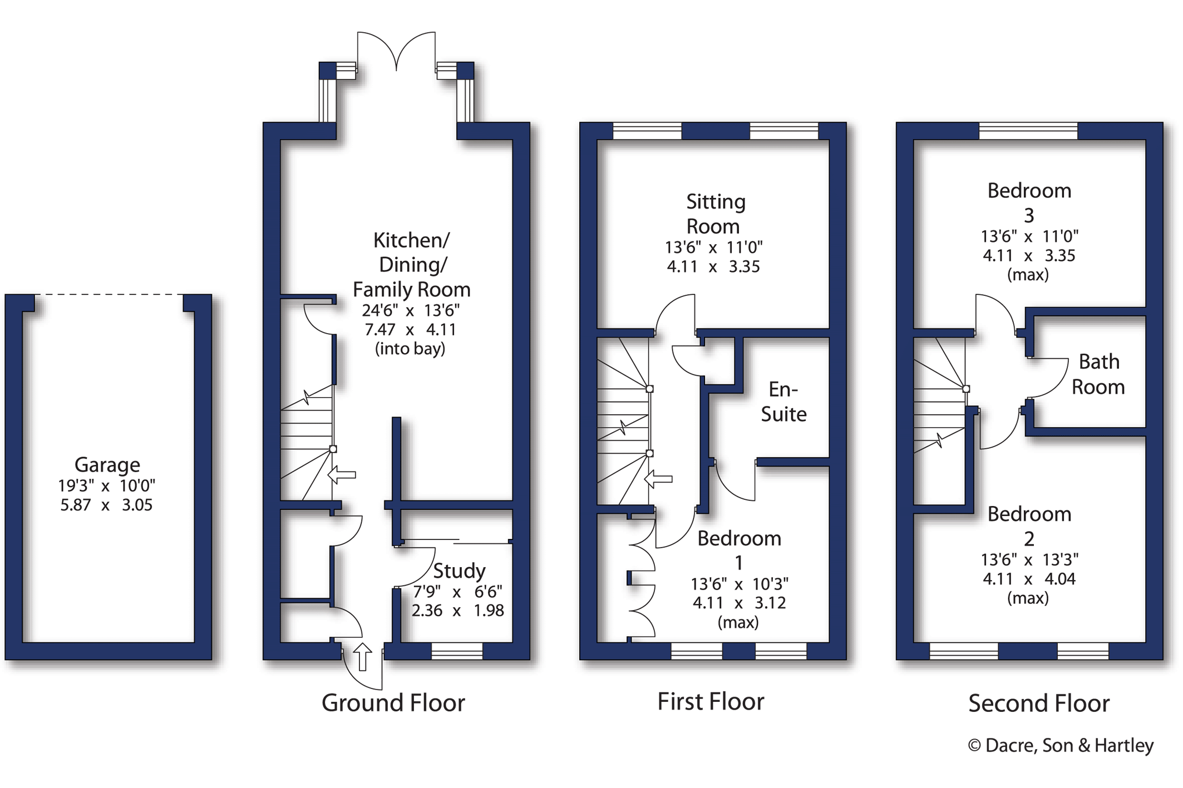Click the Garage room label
[107, 465]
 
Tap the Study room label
[459, 571]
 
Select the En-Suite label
[783, 402]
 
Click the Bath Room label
[1098, 374]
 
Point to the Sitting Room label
[714, 214]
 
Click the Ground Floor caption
[393, 703]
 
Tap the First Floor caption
[711, 702]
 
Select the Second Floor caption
[1039, 703]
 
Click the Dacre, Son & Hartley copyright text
[1061, 746]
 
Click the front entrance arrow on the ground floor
[362, 657]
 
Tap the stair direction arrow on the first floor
[658, 479]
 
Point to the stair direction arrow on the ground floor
[342, 475]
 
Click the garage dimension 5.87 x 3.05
[106, 505]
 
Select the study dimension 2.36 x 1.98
[457, 611]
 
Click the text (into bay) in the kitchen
[410, 349]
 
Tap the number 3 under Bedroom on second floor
[1029, 215]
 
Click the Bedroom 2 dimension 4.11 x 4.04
[1029, 579]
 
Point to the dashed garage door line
[109, 294]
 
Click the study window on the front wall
[457, 651]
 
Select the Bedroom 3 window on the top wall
[1028, 131]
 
